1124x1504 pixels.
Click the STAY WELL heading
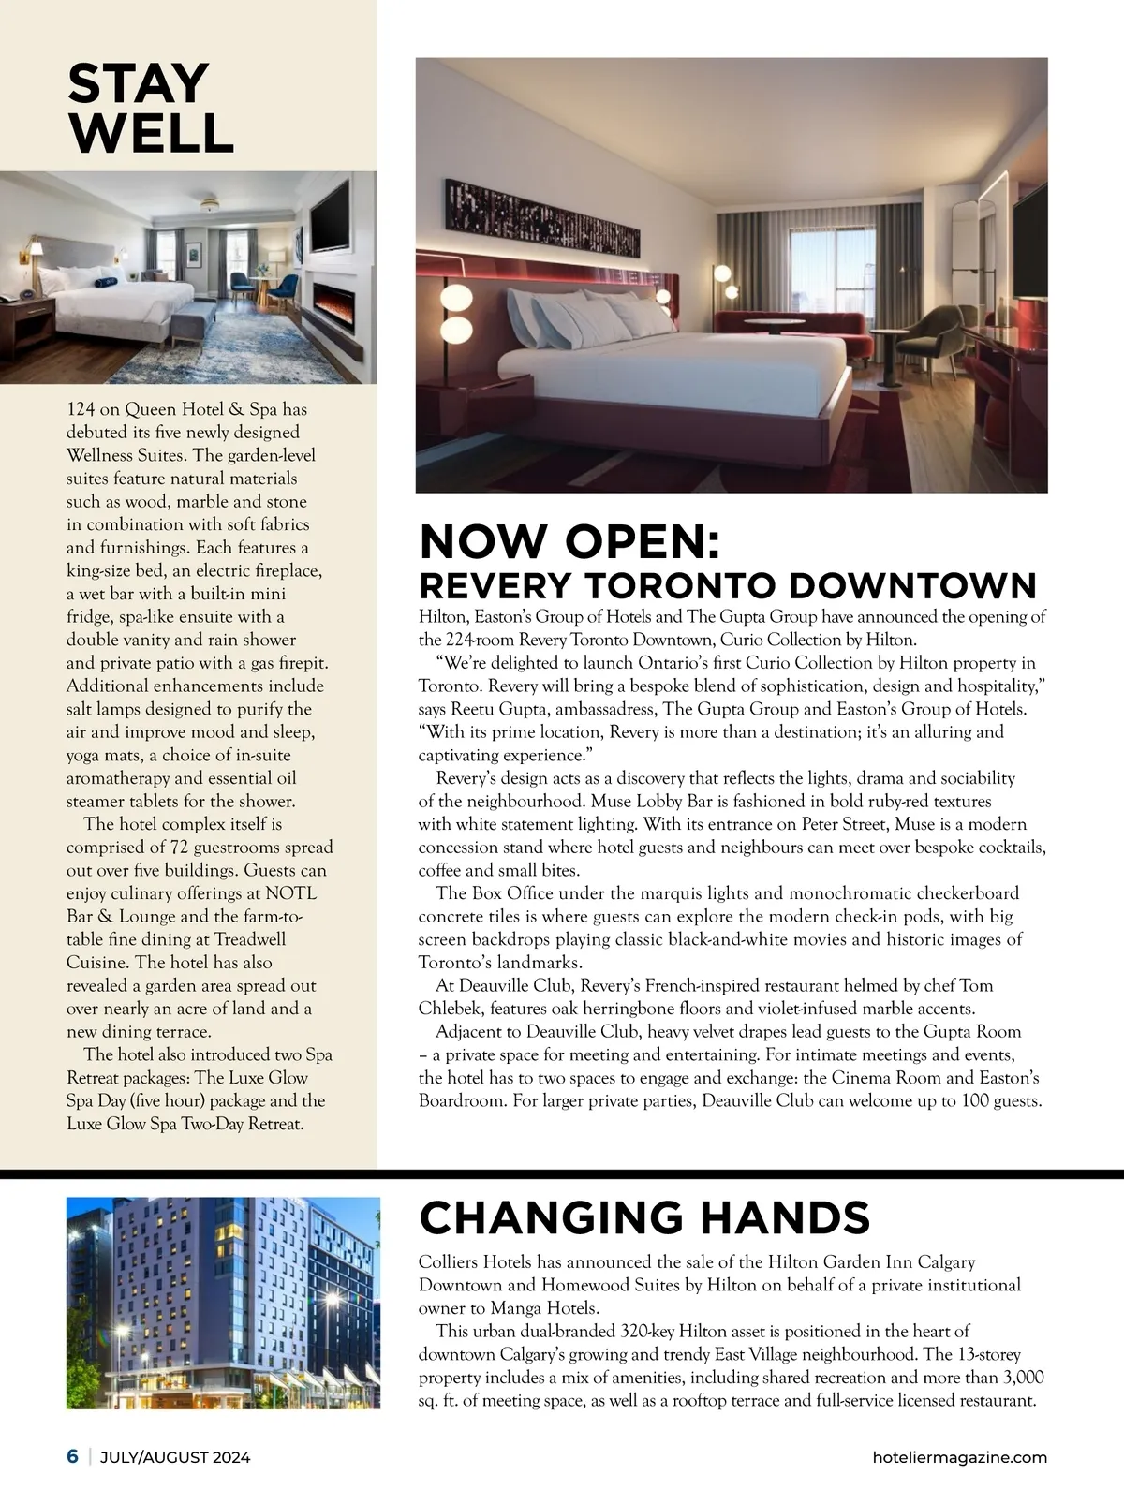tap(150, 108)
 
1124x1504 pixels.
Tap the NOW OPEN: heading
tap(569, 543)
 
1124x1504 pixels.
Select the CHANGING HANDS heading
tap(644, 1217)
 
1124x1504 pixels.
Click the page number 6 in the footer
tap(72, 1457)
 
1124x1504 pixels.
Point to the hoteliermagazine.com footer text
tap(958, 1457)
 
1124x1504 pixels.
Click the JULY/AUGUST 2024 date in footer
tap(175, 1457)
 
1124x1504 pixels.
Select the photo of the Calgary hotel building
tap(223, 1303)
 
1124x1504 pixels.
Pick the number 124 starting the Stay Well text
tap(80, 409)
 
